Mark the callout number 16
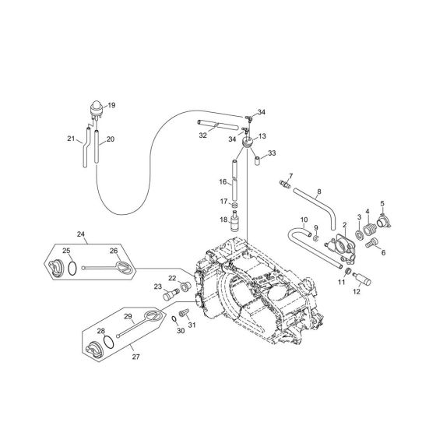pos(222,182)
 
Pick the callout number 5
pos(381,204)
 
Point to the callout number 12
pos(357,292)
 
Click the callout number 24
pos(80,233)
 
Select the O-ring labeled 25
pos(72,269)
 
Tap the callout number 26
pos(113,251)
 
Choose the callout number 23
pos(156,287)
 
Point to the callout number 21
pos(71,139)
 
